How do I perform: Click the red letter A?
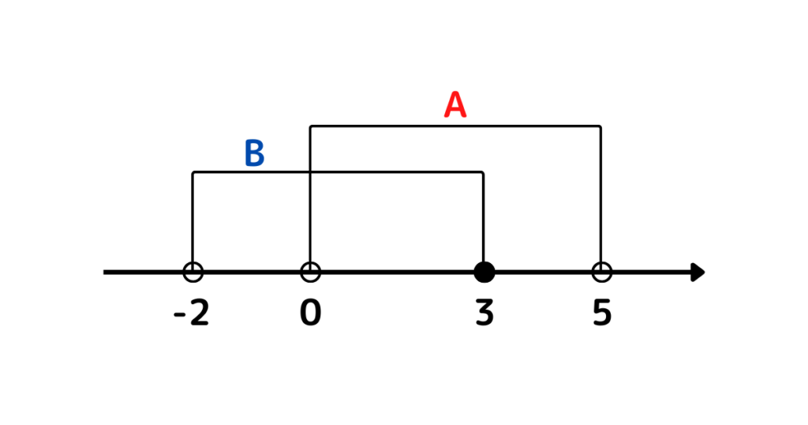coord(455,105)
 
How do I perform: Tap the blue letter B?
coord(255,153)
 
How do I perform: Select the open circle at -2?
coord(193,272)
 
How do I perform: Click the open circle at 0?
coord(310,272)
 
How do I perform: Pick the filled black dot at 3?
coord(484,273)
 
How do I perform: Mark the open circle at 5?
coord(601,272)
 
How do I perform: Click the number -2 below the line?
coord(191,313)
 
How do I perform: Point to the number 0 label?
coord(310,313)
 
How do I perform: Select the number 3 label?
coord(484,313)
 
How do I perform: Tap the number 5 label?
coord(602,313)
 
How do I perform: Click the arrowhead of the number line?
coord(698,273)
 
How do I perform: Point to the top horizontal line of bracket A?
coord(455,126)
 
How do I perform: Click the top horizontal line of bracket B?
coord(338,172)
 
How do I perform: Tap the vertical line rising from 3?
coord(483,217)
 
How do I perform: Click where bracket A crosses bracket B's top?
coord(310,172)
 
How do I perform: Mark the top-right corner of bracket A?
coord(600,126)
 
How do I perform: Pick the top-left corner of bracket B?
coord(193,172)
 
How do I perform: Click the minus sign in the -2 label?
coord(179,315)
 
